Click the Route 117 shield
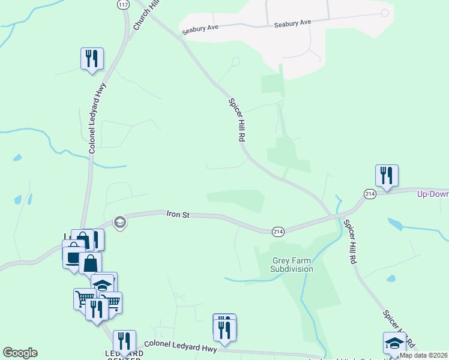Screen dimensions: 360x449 [x=123, y=4]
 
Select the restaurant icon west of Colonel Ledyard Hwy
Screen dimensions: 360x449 [x=92, y=59]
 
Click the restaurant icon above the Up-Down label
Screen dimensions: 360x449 [x=387, y=176]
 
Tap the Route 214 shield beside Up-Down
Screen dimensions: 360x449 [x=369, y=194]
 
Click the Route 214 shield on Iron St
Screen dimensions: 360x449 [x=278, y=231]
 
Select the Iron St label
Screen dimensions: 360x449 [x=178, y=214]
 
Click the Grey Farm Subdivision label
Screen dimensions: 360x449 [x=292, y=265]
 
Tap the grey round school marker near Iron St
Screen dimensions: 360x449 [x=119, y=223]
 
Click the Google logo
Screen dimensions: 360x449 [x=20, y=353]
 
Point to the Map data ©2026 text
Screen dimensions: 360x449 [x=423, y=355]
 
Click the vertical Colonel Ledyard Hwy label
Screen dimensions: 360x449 [x=92, y=118]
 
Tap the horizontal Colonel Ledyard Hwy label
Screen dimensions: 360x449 [x=180, y=345]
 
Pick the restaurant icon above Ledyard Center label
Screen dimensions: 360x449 [x=124, y=341]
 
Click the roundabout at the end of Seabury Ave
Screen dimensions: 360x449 [x=384, y=12]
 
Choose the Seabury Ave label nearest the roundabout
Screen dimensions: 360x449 [x=292, y=23]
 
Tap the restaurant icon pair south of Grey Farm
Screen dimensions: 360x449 [x=224, y=329]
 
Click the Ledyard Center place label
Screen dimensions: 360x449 [x=125, y=356]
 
